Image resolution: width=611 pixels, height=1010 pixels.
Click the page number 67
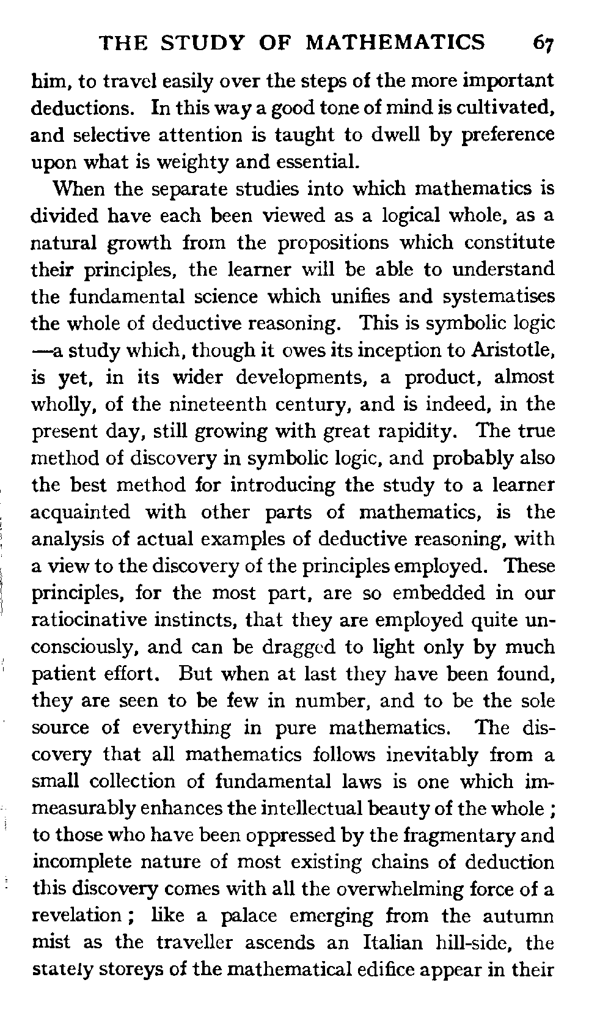tap(543, 43)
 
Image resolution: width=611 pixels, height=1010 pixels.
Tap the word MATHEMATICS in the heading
tap(395, 43)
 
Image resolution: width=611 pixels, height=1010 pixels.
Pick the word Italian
tap(392, 942)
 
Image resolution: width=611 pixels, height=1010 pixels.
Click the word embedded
tap(433, 593)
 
